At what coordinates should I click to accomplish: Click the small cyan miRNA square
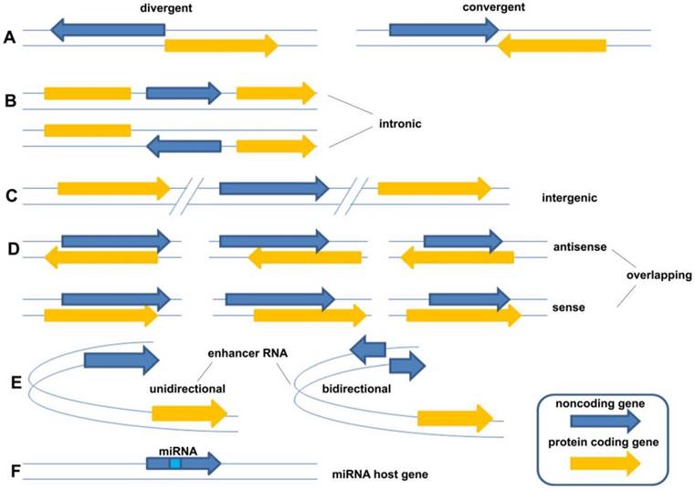click(x=175, y=464)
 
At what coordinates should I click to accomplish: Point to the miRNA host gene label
click(x=377, y=475)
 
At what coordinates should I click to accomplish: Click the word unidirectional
click(x=186, y=389)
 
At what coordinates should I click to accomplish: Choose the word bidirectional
click(x=356, y=389)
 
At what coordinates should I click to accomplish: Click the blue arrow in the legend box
click(x=605, y=422)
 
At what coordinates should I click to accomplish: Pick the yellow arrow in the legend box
click(x=605, y=463)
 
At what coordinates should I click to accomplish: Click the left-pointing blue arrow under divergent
click(x=107, y=30)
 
